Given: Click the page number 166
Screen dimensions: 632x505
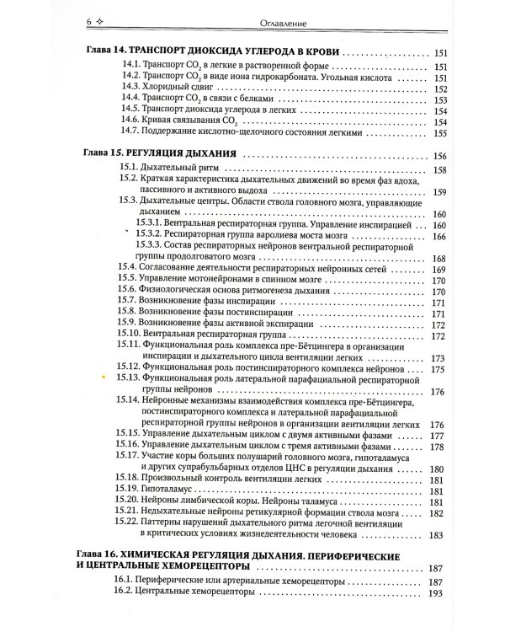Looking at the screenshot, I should (x=439, y=237).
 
